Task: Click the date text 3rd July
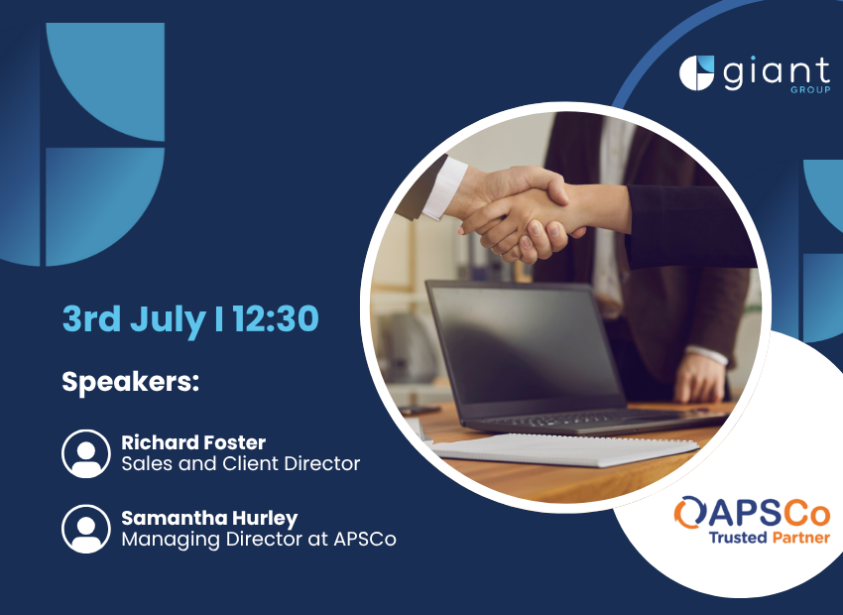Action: (x=134, y=319)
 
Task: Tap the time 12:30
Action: (x=276, y=318)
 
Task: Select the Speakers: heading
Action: (x=131, y=383)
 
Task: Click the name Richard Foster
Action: (x=193, y=442)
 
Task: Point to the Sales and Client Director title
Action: (x=241, y=463)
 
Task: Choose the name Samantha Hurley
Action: (x=209, y=518)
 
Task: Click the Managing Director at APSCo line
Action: (x=259, y=540)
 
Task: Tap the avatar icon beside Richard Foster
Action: (x=86, y=453)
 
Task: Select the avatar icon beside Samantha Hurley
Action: (x=86, y=529)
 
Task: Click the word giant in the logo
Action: (x=777, y=73)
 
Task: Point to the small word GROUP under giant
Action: (x=810, y=90)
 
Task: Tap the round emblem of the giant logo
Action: (x=697, y=72)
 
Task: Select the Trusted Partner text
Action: (x=770, y=537)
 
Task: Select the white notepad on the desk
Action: (x=564, y=449)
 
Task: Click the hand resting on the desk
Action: (x=699, y=377)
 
